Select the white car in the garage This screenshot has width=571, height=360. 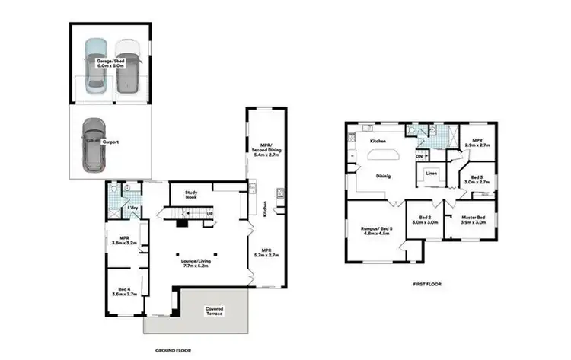click(129, 66)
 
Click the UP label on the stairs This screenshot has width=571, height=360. click(209, 215)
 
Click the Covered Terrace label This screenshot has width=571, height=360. click(215, 311)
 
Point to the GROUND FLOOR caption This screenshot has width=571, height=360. click(173, 351)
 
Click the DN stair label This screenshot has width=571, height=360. click(419, 157)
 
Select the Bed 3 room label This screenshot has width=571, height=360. click(476, 180)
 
